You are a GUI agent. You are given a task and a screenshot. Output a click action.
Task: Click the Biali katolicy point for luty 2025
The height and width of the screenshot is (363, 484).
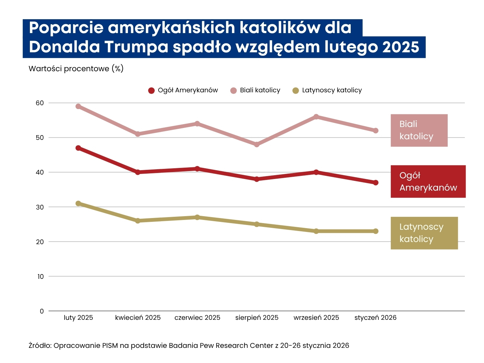coord(78,107)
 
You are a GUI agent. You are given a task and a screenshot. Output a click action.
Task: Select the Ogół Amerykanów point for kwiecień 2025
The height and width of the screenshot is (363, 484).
coord(138,172)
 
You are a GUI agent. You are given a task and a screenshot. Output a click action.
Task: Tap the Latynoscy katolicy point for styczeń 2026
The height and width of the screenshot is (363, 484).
coord(376,231)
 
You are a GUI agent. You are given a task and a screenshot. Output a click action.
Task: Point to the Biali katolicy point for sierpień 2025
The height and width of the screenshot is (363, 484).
coord(257,145)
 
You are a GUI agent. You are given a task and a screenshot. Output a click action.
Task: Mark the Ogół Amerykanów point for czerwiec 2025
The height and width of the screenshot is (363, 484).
coord(197,169)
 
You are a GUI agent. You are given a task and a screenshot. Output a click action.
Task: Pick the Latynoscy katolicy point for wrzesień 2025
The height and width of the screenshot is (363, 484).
coord(316,231)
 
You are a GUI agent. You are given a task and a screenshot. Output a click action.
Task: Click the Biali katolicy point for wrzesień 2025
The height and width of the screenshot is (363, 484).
coord(316,117)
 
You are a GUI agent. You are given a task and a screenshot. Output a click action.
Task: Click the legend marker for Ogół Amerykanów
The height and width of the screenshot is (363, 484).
coord(151,91)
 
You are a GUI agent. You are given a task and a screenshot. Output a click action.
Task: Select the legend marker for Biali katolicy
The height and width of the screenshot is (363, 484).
coord(233,91)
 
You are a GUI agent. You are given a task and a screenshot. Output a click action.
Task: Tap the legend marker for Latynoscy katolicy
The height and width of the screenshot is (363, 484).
coord(296,91)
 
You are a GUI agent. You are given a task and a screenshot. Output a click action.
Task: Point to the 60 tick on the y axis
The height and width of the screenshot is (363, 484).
coord(40,103)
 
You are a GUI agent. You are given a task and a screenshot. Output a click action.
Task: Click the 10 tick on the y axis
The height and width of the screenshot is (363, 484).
coord(40,277)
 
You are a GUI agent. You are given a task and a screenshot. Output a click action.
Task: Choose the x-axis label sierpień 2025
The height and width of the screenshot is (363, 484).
coord(257,318)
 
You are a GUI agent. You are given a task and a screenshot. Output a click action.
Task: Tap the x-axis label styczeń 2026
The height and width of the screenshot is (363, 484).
coord(375,318)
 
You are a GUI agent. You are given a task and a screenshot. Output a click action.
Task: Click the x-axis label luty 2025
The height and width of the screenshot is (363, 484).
coord(78,318)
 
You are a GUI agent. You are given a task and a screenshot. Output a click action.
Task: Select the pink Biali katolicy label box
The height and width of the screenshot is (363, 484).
coord(419,130)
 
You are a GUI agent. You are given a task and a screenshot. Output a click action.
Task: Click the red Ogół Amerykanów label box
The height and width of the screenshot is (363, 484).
coord(428,181)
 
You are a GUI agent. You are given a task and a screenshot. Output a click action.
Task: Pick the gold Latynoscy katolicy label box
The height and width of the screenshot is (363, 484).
coord(424,233)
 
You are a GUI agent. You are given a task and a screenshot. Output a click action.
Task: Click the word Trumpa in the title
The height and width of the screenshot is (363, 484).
coord(136,47)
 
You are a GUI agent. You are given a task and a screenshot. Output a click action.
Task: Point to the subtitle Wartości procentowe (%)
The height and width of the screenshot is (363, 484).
coord(76,69)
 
